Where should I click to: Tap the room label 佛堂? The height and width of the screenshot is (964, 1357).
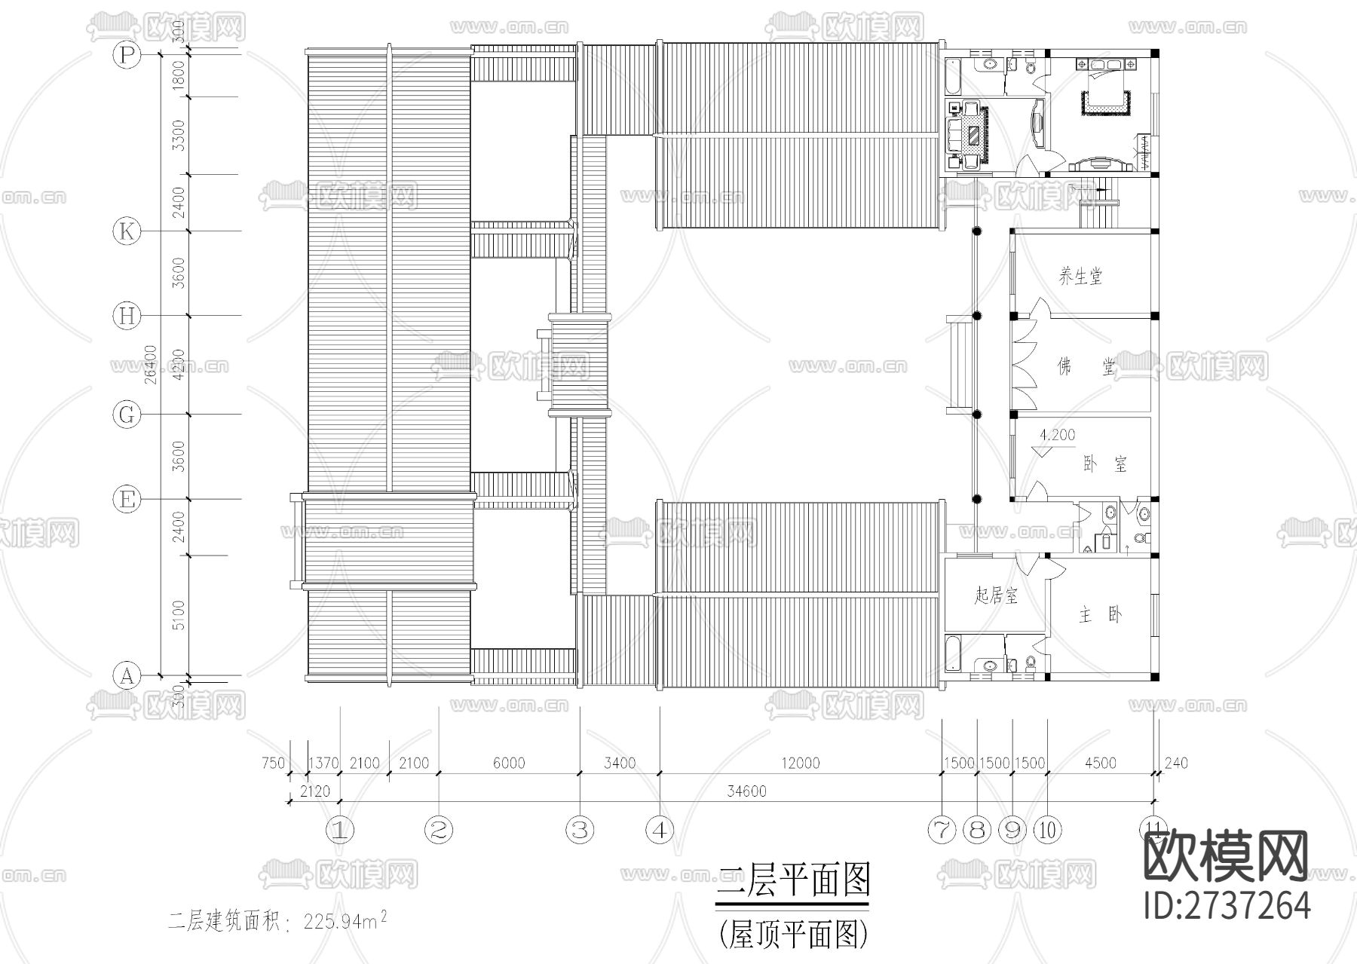(1086, 367)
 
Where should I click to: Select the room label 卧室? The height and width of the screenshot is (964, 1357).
(1104, 464)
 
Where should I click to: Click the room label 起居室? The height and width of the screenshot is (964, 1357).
(995, 596)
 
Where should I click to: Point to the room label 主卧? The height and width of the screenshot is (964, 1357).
(1100, 615)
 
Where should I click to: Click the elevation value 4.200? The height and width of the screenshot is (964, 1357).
(1057, 435)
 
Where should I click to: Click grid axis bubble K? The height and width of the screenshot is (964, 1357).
(127, 231)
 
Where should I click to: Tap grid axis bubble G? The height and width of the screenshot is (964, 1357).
(127, 415)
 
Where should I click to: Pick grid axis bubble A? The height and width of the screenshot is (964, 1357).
(127, 675)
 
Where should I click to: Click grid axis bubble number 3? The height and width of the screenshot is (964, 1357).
(579, 830)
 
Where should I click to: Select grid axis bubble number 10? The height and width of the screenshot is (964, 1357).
(1048, 830)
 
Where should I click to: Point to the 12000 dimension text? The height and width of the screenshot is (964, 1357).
(800, 763)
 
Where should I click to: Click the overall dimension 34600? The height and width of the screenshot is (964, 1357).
(746, 791)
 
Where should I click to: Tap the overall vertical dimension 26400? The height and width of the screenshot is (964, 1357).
(150, 364)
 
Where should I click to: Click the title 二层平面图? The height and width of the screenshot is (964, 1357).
(792, 880)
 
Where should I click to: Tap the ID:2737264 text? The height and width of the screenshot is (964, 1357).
(1227, 904)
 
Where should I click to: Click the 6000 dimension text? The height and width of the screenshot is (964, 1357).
(509, 763)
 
